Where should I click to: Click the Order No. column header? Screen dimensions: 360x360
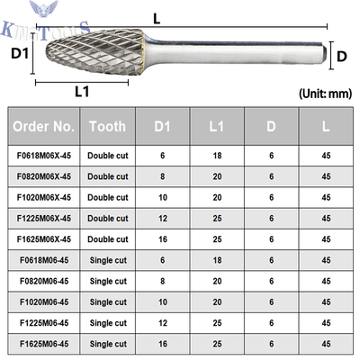point(43,126)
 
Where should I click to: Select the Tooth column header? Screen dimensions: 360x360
point(108,126)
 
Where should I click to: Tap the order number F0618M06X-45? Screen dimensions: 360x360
point(44,156)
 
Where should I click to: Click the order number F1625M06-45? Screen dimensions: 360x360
point(44,344)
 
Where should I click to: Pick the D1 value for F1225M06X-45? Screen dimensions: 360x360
point(163,219)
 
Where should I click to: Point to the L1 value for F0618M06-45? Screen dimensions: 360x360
point(217,260)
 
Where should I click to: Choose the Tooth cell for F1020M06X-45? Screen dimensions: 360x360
point(108,197)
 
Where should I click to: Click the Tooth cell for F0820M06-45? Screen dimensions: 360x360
point(108,281)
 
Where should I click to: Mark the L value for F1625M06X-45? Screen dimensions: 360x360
point(326,239)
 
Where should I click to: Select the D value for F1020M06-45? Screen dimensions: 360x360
point(272,302)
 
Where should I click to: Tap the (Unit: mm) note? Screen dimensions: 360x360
point(325,94)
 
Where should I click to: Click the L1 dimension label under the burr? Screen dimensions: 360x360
point(82,91)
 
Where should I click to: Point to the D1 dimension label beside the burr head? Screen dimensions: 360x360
point(20,53)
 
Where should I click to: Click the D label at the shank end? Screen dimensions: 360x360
point(342,57)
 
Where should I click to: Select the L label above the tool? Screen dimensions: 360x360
point(157,19)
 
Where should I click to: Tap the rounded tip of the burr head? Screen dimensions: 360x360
point(48,53)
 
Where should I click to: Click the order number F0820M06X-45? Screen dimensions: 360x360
point(44,176)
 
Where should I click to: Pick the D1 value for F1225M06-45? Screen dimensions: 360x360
point(163,323)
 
